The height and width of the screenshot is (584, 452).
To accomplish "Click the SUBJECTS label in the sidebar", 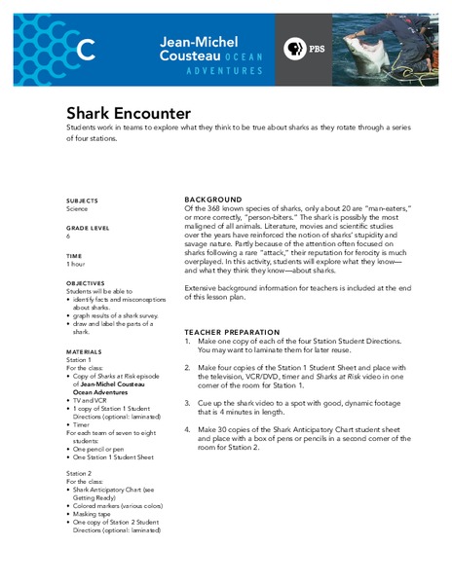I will click(83, 200).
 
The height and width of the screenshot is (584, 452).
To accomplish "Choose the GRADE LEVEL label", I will click(88, 228).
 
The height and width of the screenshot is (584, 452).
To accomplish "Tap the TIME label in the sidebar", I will click(74, 255).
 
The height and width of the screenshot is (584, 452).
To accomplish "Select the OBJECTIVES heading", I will click(86, 283).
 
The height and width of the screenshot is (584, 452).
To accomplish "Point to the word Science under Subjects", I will click(80, 207).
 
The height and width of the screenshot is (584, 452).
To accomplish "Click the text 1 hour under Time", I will click(77, 264).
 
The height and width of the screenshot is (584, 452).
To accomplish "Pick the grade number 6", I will click(68, 236).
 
